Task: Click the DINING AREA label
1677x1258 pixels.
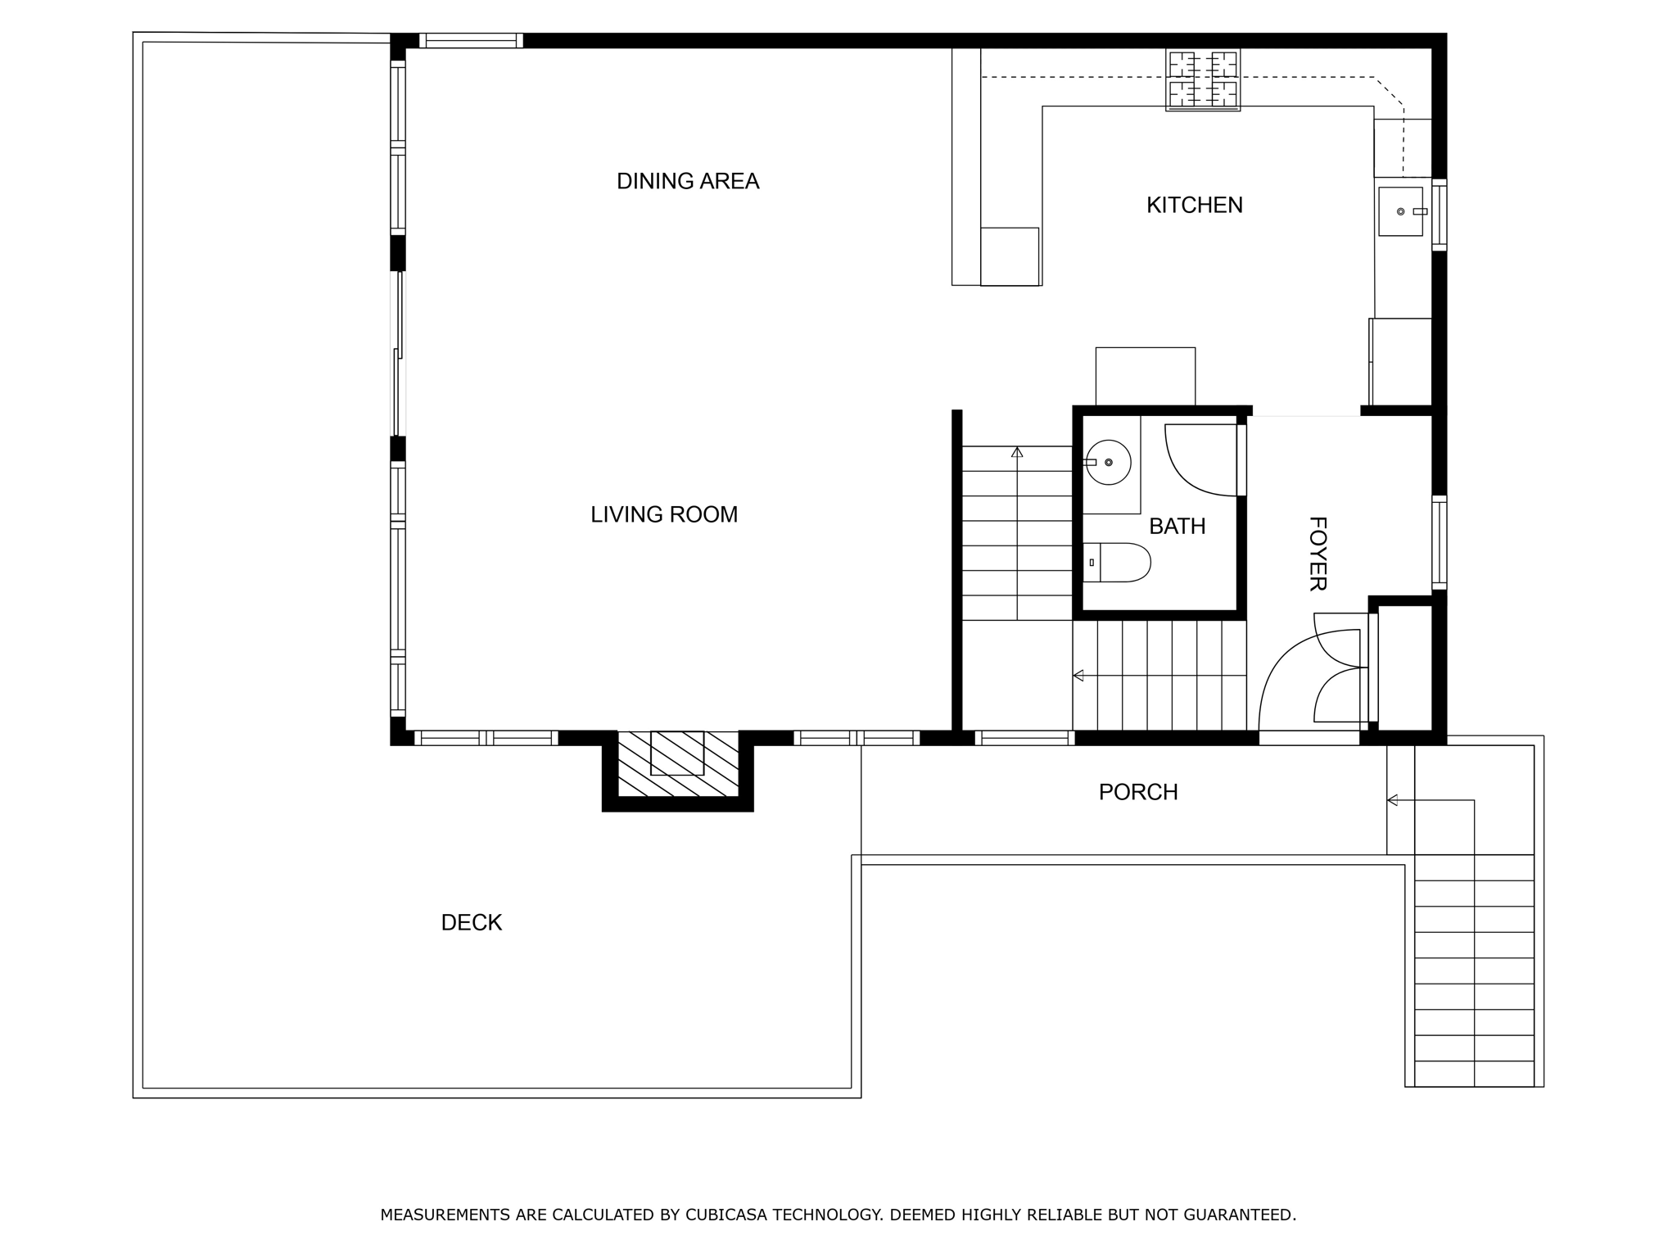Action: pos(688,181)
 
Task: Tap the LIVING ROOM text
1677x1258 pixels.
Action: pos(664,514)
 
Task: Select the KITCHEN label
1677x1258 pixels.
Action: pos(1194,205)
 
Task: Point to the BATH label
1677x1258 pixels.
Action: pos(1177,526)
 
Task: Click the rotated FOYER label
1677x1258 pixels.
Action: pos(1317,554)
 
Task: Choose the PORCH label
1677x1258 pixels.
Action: pos(1138,792)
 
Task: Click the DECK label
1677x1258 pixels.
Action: pos(471,922)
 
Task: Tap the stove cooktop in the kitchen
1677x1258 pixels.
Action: pos(1202,79)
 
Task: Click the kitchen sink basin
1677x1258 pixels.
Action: pos(1400,211)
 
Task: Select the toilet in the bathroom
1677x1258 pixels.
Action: pos(1119,563)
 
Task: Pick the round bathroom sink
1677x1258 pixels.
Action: pos(1109,462)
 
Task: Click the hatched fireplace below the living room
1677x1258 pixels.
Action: pos(677,763)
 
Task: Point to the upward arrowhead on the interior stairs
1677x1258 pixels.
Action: pos(1017,452)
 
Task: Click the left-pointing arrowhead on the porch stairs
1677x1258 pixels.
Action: pos(1391,800)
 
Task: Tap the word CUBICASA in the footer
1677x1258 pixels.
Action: pos(725,1215)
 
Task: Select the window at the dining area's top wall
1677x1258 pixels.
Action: pos(471,41)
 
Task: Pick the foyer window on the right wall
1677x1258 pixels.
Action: pos(1439,542)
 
